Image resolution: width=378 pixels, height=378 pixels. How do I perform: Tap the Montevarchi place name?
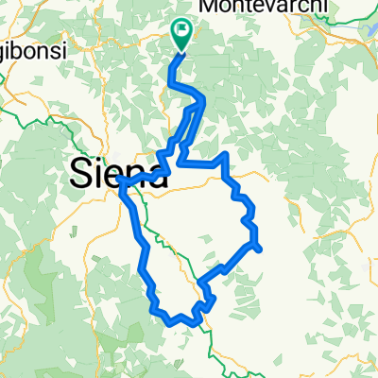(264, 8)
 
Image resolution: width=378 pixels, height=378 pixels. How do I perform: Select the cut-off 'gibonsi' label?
(33, 52)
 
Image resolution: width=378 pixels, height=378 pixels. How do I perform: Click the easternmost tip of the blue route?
(259, 248)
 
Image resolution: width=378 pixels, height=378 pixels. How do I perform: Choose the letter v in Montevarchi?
(271, 8)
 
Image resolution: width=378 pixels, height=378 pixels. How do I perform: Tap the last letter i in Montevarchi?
(325, 8)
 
